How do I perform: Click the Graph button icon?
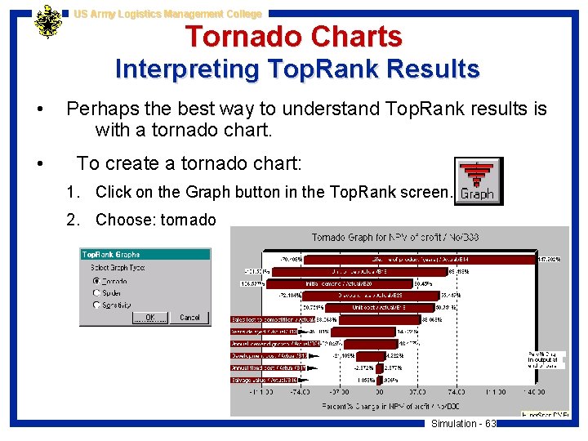(477, 180)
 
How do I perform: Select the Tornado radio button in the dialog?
(96, 282)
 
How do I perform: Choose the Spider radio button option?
(96, 293)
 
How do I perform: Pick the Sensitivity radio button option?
(96, 305)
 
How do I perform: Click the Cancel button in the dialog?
(189, 317)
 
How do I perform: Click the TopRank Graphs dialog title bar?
(145, 255)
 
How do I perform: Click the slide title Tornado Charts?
(293, 37)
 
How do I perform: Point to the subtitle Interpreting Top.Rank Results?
(297, 69)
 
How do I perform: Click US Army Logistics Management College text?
(167, 14)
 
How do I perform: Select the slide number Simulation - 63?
(463, 423)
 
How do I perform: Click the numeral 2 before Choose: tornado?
(73, 220)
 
